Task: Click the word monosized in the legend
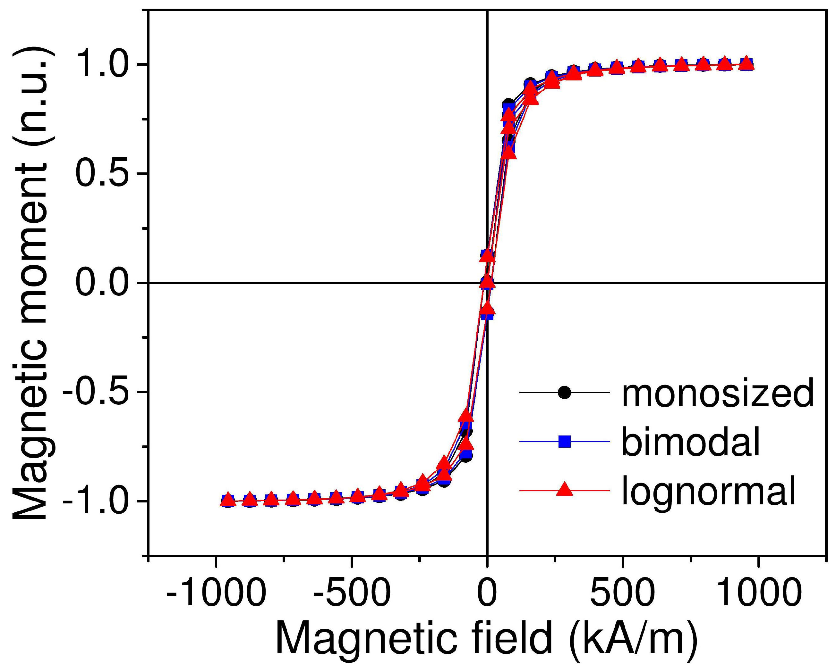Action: (x=717, y=393)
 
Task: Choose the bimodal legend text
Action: (x=690, y=442)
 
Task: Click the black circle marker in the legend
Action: (x=565, y=393)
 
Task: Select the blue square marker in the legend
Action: (x=565, y=442)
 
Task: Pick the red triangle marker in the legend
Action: (x=565, y=490)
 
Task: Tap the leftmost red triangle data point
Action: (x=228, y=500)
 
